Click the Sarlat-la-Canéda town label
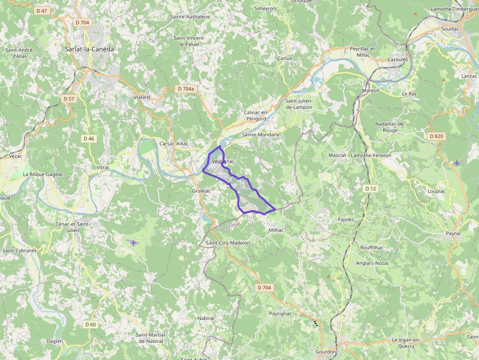[89, 49]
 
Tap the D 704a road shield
[186, 89]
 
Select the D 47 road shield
[42, 10]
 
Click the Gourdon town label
[326, 352]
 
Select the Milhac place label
[276, 230]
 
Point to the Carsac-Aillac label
[174, 144]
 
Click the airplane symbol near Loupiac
[457, 162]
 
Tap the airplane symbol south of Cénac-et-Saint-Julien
[133, 242]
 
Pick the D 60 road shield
[90, 324]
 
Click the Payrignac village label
[281, 313]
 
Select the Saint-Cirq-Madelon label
[228, 243]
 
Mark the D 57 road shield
[69, 99]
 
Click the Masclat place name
[337, 155]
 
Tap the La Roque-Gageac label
[44, 174]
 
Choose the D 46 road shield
[88, 139]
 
